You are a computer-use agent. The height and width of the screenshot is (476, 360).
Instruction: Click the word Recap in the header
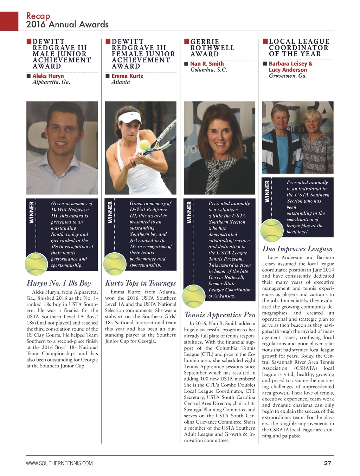point(38,16)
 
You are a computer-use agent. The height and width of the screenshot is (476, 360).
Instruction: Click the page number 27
point(327,463)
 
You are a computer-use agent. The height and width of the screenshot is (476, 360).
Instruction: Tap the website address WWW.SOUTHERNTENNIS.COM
point(59,463)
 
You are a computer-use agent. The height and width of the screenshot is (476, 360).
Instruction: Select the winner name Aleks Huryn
point(48,76)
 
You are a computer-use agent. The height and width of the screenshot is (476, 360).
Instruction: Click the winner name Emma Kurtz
point(127,76)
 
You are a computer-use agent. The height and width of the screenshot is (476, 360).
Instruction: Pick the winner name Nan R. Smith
point(207,64)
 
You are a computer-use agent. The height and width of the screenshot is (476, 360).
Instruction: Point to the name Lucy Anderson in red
point(288,70)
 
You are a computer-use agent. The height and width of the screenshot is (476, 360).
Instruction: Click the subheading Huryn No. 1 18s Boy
point(59,283)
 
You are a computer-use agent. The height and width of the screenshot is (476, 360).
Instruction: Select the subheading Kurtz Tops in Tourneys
point(141,283)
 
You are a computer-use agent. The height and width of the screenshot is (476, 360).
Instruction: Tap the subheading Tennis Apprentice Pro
point(220,315)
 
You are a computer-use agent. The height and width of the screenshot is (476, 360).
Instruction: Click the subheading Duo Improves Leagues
point(297,249)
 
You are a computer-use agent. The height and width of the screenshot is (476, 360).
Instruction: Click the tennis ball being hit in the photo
point(145,145)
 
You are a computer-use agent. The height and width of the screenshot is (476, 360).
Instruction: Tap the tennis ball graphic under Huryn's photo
point(36,264)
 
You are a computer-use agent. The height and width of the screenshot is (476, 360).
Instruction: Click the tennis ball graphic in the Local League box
point(272,230)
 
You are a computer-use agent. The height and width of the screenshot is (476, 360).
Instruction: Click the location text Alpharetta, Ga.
point(51,82)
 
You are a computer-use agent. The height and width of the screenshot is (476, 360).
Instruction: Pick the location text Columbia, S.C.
point(209,70)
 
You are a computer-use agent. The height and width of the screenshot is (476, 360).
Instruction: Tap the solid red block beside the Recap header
point(9,21)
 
